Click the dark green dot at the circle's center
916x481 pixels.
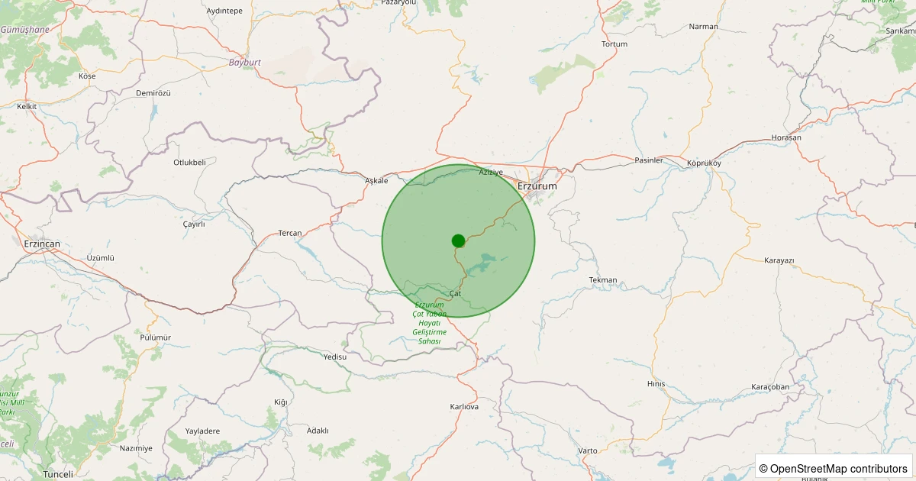tap(458, 240)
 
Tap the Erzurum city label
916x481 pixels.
tap(537, 186)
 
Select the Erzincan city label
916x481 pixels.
tap(42, 244)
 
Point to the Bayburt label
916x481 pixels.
tap(245, 62)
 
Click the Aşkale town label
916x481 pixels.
tap(377, 181)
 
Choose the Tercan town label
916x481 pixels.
tap(290, 233)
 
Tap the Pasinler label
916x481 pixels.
tap(650, 160)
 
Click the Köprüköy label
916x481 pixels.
tap(704, 163)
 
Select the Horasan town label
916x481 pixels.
tap(787, 137)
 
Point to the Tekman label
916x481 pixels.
tap(603, 280)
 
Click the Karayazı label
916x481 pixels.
tap(779, 260)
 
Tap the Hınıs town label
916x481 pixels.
tap(656, 384)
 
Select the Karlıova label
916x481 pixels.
tap(464, 407)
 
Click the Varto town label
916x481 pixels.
tap(588, 450)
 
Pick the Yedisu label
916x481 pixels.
tap(335, 357)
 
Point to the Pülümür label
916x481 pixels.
tap(156, 337)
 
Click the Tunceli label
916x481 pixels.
tap(58, 474)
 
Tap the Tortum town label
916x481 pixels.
tap(614, 44)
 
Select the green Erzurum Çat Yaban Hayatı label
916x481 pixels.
tap(428, 322)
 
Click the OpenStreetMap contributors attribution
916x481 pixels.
tap(833, 468)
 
